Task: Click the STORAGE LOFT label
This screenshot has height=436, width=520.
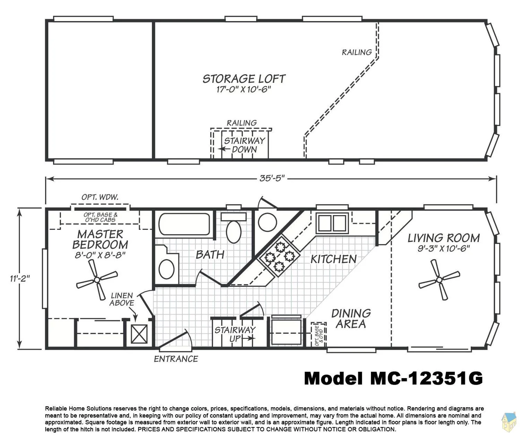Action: pyautogui.click(x=244, y=79)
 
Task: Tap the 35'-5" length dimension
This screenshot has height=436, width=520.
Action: pyautogui.click(x=272, y=178)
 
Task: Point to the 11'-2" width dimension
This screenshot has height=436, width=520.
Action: pyautogui.click(x=20, y=278)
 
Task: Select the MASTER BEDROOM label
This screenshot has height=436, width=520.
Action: pyautogui.click(x=100, y=239)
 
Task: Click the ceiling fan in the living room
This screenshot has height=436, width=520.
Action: pyautogui.click(x=439, y=280)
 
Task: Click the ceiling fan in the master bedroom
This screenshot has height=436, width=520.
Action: pyautogui.click(x=97, y=280)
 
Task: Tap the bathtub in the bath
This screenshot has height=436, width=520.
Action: pyautogui.click(x=184, y=224)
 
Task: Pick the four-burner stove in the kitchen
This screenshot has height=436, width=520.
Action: pyautogui.click(x=279, y=256)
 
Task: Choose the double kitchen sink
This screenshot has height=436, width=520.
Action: pyautogui.click(x=332, y=223)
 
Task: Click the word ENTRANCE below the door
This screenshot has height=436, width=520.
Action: pyautogui.click(x=176, y=359)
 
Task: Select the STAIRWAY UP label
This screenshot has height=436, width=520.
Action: pyautogui.click(x=235, y=334)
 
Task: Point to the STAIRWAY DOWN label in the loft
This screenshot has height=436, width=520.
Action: pyautogui.click(x=244, y=145)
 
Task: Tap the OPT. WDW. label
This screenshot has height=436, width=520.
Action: pyautogui.click(x=100, y=197)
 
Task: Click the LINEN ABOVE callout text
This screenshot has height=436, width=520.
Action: pyautogui.click(x=122, y=299)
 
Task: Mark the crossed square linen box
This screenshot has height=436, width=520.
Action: pyautogui.click(x=139, y=334)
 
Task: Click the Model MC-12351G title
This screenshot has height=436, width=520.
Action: pyautogui.click(x=393, y=378)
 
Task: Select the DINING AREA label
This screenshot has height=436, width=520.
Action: pyautogui.click(x=351, y=319)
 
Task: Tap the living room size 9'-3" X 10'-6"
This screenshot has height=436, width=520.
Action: pyautogui.click(x=443, y=248)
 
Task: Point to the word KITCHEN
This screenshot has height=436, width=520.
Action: pyautogui.click(x=333, y=259)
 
